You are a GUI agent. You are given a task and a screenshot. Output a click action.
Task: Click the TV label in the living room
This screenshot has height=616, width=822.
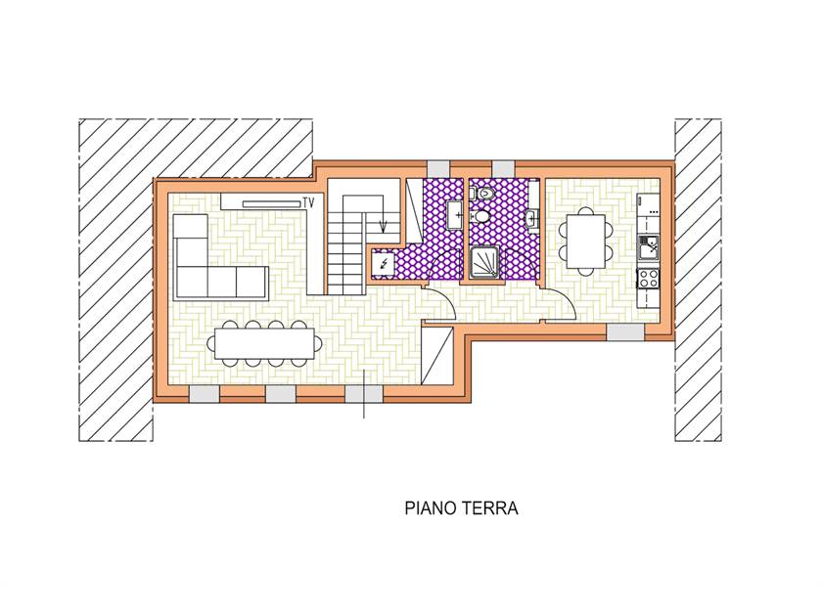click(x=308, y=202)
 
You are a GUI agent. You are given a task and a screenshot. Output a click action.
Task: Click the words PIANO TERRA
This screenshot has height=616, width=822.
click(x=461, y=508)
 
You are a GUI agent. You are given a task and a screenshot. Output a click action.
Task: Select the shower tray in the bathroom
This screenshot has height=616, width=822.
click(x=484, y=263)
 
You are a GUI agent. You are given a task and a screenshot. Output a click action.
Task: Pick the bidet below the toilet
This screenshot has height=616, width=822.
click(x=480, y=216)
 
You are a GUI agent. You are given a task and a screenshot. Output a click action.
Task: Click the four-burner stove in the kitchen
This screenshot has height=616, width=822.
click(x=649, y=278)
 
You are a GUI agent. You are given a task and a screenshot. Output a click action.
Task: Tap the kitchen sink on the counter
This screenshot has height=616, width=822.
click(x=649, y=248)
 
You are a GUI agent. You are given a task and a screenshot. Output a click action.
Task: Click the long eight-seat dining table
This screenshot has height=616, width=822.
click(x=265, y=343)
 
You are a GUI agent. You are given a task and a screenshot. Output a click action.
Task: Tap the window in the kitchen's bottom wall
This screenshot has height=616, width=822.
click(x=625, y=332)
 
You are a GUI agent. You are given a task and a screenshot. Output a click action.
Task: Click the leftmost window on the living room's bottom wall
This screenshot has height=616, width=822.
click(x=204, y=394)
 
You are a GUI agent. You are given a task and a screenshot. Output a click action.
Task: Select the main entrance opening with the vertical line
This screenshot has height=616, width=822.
click(x=364, y=394)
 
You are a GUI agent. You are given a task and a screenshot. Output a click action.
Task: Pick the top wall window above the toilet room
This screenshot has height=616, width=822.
click(x=503, y=168)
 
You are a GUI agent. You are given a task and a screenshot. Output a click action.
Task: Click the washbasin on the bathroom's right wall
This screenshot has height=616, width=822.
click(x=532, y=219)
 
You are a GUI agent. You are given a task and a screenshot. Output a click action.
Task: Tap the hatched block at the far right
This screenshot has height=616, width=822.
click(x=698, y=281)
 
